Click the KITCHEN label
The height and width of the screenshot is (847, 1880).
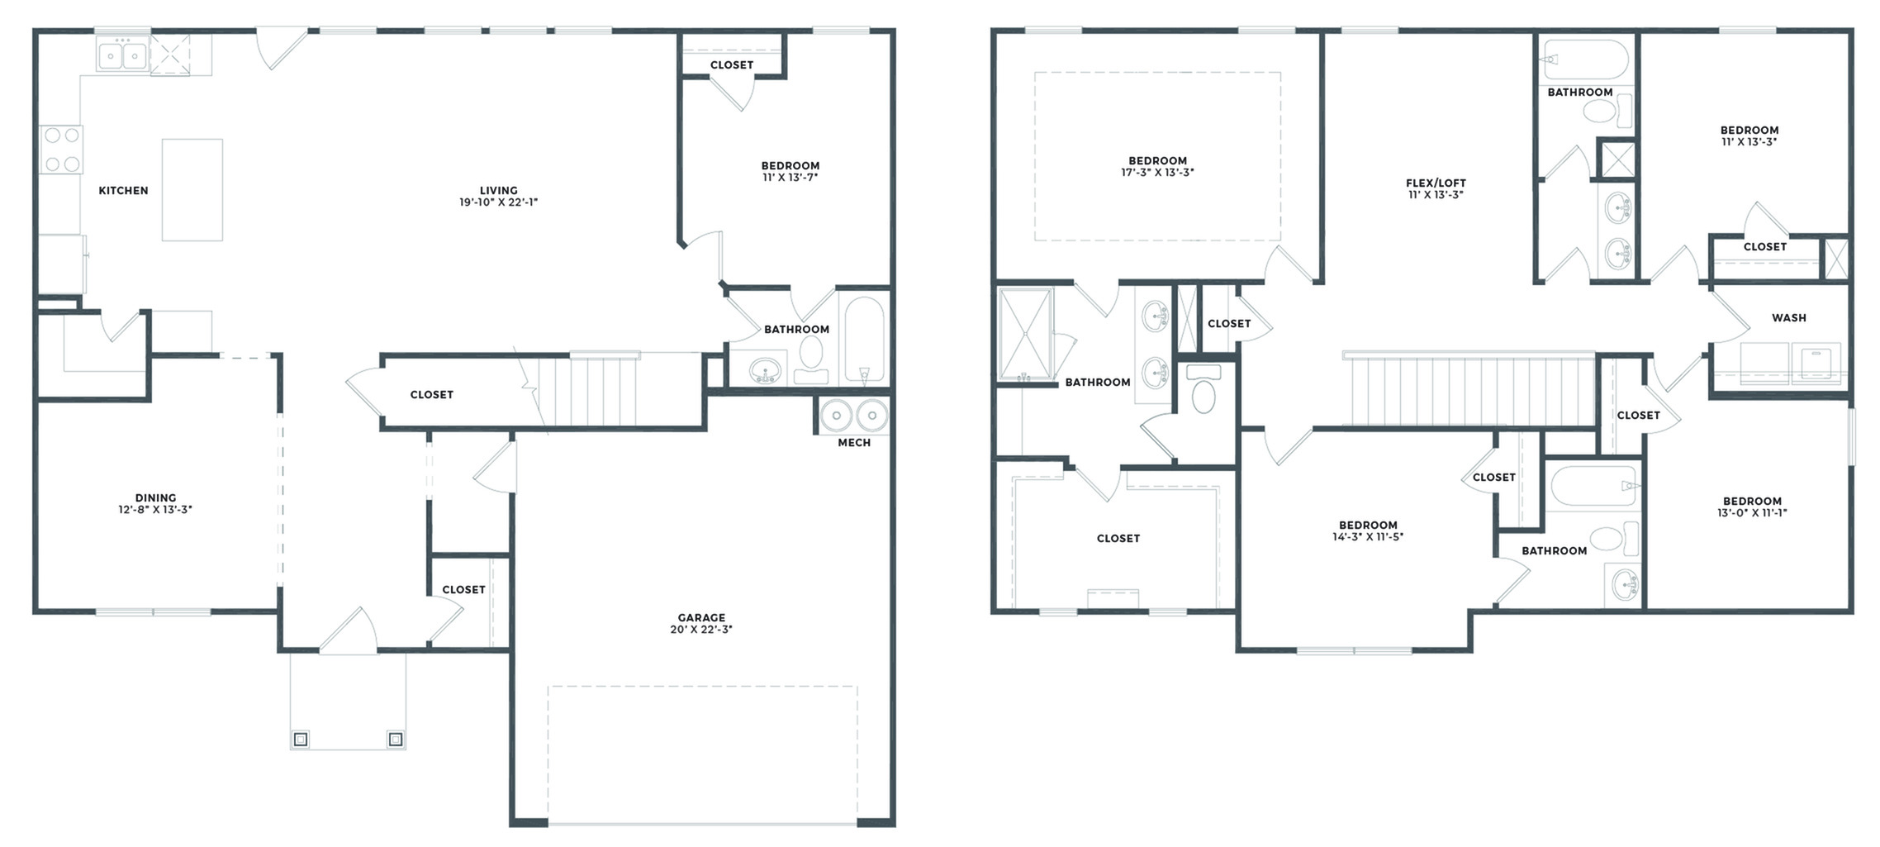[123, 191]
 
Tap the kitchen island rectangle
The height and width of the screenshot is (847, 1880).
[192, 190]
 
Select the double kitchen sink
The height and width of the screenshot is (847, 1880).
[122, 56]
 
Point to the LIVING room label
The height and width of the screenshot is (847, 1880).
[498, 191]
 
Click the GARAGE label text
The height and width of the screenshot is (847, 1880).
[701, 617]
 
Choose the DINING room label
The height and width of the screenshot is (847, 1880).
[155, 498]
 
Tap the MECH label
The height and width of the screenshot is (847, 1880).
[854, 443]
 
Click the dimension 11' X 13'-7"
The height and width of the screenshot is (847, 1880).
[790, 178]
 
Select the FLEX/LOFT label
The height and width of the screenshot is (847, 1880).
[1436, 183]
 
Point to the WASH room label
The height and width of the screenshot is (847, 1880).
[1788, 318]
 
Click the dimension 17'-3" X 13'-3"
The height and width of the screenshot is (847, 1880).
[1157, 173]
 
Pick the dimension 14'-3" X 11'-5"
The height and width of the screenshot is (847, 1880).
[1368, 537]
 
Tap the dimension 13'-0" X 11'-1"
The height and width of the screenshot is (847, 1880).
[1752, 513]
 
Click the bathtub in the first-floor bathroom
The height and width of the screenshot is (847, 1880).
[864, 339]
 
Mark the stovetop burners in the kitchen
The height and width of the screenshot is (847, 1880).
[62, 150]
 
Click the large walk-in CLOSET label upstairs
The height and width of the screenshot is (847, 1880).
[1118, 539]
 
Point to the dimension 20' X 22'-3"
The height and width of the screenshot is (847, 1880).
[701, 630]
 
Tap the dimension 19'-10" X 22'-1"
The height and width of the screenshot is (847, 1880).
[498, 202]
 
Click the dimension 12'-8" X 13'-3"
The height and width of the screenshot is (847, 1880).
[155, 510]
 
